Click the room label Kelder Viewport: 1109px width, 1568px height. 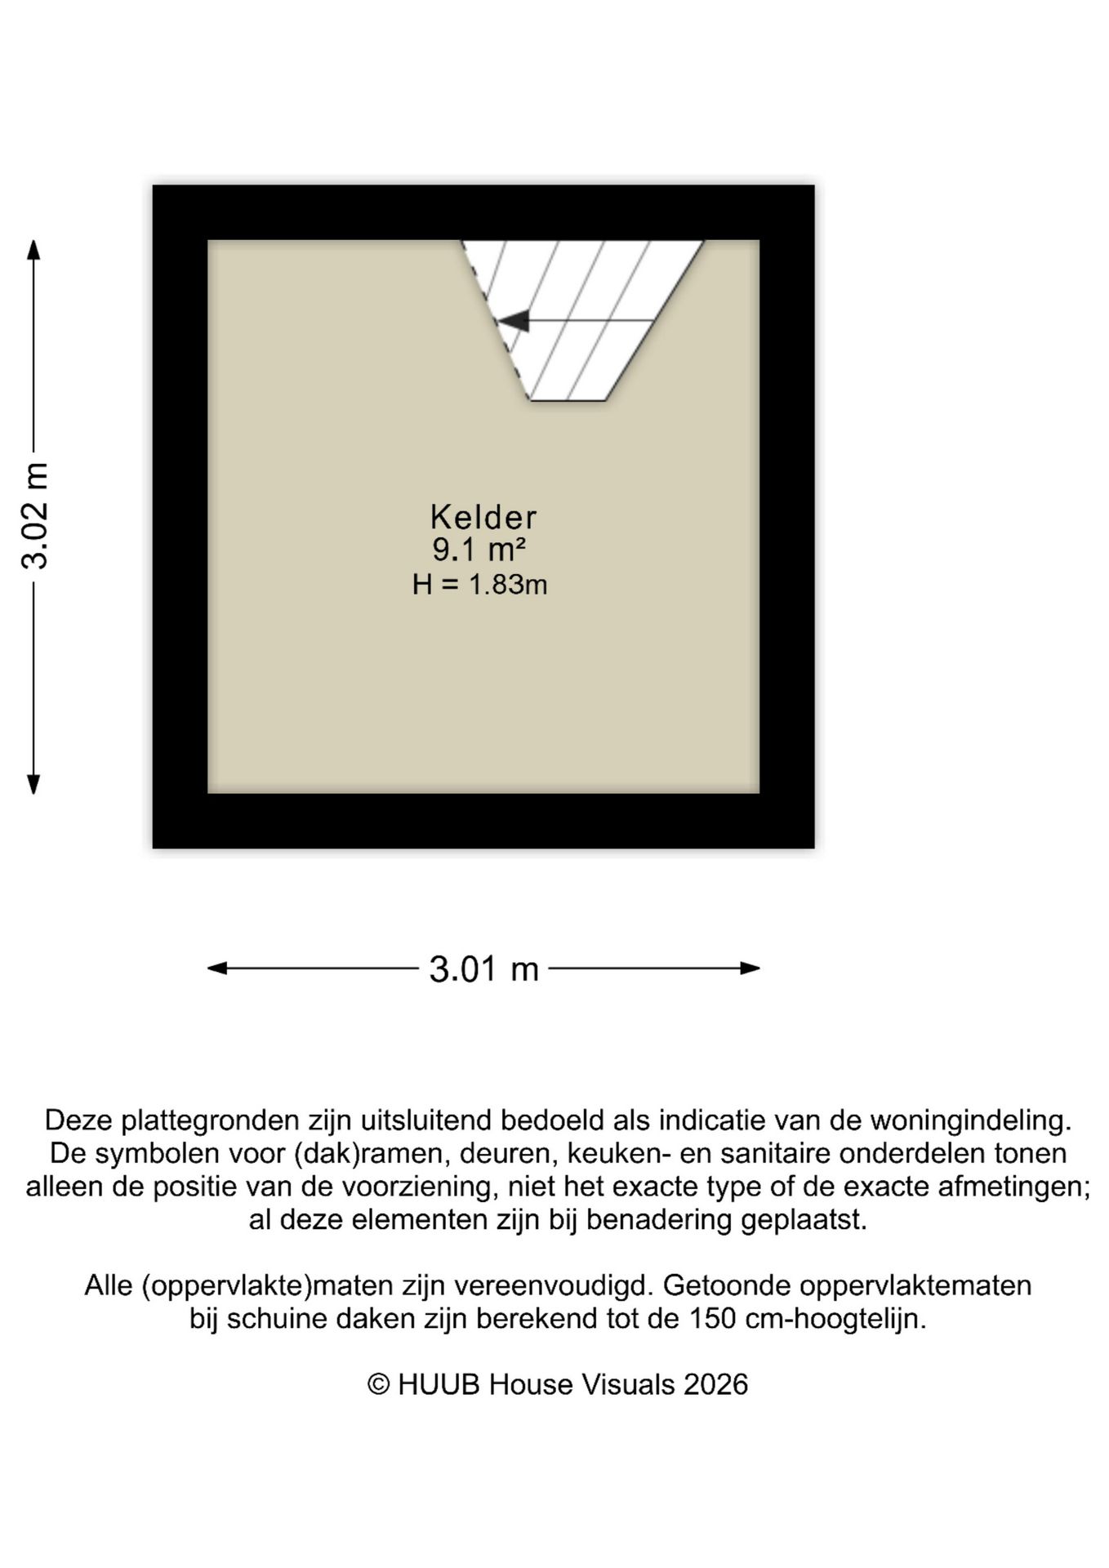(x=483, y=517)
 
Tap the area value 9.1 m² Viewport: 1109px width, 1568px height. (x=479, y=550)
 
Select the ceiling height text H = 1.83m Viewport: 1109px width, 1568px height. (x=479, y=585)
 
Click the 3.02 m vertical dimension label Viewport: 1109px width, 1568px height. (x=37, y=515)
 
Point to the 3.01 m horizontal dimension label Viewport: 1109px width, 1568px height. (x=483, y=969)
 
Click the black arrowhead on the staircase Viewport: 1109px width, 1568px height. (x=514, y=321)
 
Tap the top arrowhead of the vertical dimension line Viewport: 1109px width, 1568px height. (x=33, y=249)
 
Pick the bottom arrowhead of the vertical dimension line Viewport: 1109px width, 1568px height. (x=33, y=784)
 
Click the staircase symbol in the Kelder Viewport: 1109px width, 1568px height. (x=581, y=318)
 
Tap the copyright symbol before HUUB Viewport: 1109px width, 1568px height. (x=378, y=1384)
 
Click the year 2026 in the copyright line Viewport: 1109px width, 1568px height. (x=715, y=1384)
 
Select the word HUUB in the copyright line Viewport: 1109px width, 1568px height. (x=438, y=1384)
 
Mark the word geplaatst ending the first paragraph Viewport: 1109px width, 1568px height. (x=804, y=1220)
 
